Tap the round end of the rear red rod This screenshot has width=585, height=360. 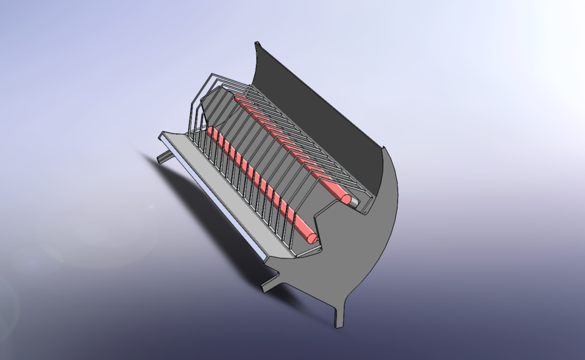point(346,199)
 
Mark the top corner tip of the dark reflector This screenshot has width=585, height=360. point(257,44)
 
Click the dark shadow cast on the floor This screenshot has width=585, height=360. point(201,213)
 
